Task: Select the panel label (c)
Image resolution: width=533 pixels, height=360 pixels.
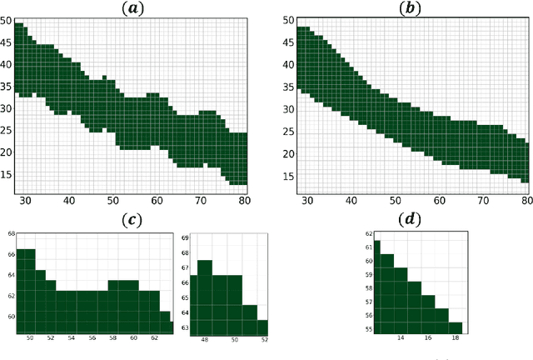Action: (132, 219)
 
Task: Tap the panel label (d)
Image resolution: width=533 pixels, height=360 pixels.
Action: (411, 219)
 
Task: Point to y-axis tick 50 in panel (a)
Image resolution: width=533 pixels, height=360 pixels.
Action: (7, 20)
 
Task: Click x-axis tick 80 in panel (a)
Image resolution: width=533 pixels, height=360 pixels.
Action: (244, 201)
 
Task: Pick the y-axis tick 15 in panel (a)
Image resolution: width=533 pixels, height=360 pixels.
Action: (7, 174)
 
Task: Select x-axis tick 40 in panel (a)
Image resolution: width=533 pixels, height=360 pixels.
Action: (67, 201)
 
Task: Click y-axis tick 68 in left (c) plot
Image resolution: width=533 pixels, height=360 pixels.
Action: (10, 233)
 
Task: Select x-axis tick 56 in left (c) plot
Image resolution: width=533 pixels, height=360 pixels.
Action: (92, 337)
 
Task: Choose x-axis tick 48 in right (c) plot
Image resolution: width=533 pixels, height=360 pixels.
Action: (206, 340)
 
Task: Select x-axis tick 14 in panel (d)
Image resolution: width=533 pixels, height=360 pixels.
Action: (401, 338)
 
